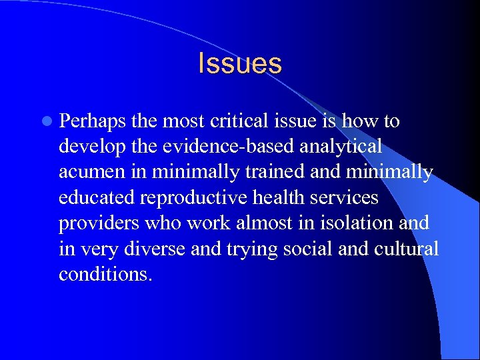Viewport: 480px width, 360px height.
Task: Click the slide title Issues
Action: (240, 64)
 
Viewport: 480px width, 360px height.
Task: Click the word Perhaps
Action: (93, 122)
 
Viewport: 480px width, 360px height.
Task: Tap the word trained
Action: (283, 172)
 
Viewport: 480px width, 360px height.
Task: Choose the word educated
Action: (95, 198)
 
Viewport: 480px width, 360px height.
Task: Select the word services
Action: (349, 198)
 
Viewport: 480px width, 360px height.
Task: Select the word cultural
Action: (408, 249)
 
